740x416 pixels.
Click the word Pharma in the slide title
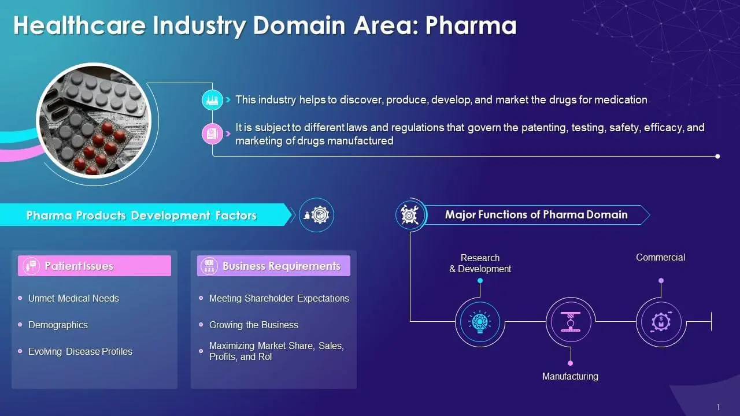coord(471,26)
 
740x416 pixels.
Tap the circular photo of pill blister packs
coord(94,121)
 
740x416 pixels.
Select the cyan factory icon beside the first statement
coord(212,100)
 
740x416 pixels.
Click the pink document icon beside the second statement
coord(212,133)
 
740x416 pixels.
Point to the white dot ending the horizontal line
coord(717,156)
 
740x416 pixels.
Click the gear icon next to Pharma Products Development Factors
coord(316,215)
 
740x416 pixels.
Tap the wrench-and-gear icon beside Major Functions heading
coord(410,216)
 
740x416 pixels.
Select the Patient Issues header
coord(94,266)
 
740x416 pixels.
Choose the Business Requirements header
coord(273,266)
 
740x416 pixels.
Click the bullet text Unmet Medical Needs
coord(73,299)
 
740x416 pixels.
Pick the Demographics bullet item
coord(58,325)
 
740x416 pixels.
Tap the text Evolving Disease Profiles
coord(80,352)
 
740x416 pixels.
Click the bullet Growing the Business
coord(254,325)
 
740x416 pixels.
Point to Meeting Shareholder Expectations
coord(279,299)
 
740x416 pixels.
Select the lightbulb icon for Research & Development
coord(480,322)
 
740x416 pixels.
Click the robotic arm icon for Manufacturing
coord(571,322)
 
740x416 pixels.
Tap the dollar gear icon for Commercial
coord(661,322)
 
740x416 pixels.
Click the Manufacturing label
coord(570,376)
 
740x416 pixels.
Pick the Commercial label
coord(660,258)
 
